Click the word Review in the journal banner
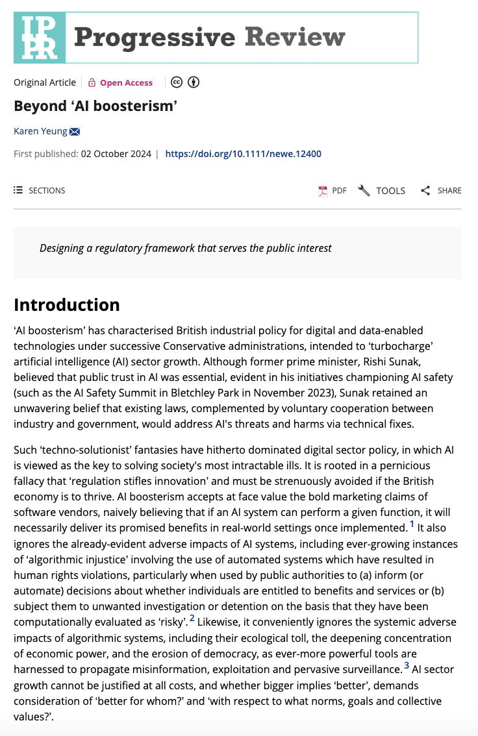point(296,37)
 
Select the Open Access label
point(126,82)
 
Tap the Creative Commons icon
point(176,82)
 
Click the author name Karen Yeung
point(40,131)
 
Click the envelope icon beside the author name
point(74,132)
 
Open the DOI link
point(243,154)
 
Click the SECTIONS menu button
point(40,190)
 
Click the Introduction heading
point(67,305)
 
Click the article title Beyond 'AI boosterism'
point(95,106)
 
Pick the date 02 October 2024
point(116,154)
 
